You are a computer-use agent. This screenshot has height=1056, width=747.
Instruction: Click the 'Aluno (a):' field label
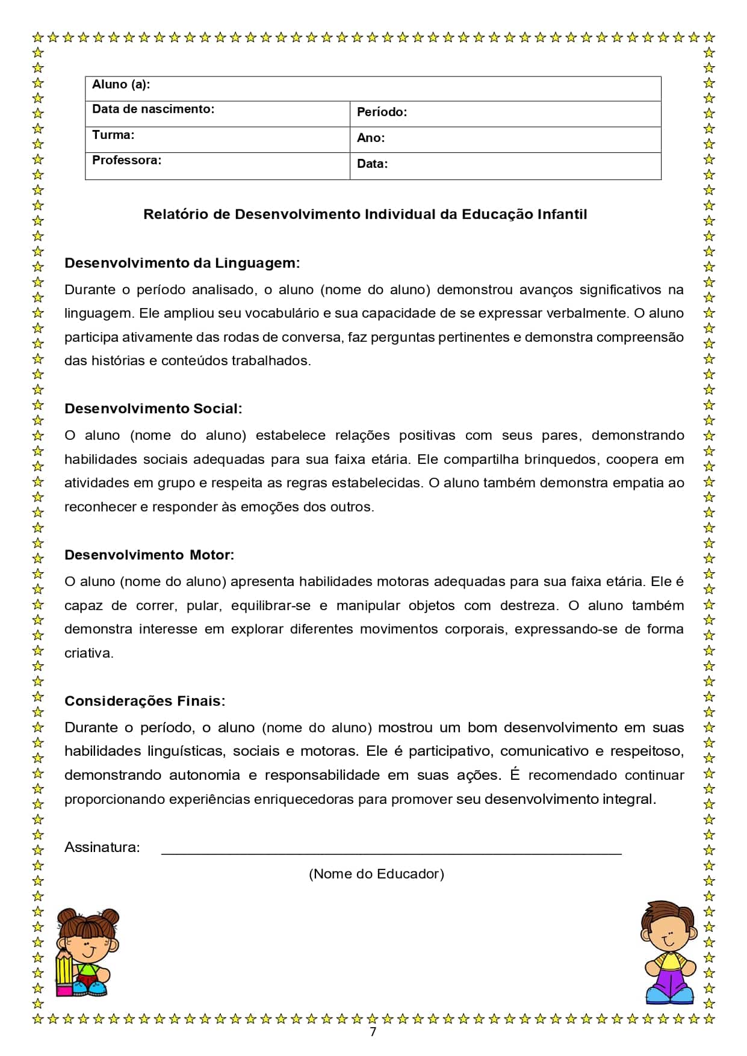pos(121,85)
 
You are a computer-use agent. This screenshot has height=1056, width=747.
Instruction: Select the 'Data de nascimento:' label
pos(153,110)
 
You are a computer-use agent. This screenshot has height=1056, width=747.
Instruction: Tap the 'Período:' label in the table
pos(382,112)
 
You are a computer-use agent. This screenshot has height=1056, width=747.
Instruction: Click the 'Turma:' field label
pos(113,135)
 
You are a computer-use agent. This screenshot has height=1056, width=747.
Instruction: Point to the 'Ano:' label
pos(371,138)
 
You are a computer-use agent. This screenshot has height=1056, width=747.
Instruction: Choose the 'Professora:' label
pos(126,161)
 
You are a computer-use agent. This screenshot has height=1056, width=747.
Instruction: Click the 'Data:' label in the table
pos(372,164)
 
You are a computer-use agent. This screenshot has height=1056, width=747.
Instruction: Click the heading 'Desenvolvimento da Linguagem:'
pos(182,263)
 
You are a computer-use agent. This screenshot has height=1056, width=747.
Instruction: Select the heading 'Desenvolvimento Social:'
pos(153,409)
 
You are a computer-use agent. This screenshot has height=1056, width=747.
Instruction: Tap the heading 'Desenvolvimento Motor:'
pos(149,555)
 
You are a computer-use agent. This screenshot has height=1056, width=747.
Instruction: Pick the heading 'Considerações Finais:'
pos(144,701)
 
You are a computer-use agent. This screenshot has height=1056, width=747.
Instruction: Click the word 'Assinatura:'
pos(102,847)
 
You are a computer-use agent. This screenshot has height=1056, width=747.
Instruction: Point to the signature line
pos(391,853)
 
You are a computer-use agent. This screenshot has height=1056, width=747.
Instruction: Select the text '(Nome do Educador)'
pos(376,874)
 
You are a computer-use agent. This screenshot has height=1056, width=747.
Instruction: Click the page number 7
pos(373,1032)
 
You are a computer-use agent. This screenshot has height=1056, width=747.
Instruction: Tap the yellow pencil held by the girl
pos(64,970)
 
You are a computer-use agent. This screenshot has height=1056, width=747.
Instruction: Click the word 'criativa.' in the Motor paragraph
pos(89,653)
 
